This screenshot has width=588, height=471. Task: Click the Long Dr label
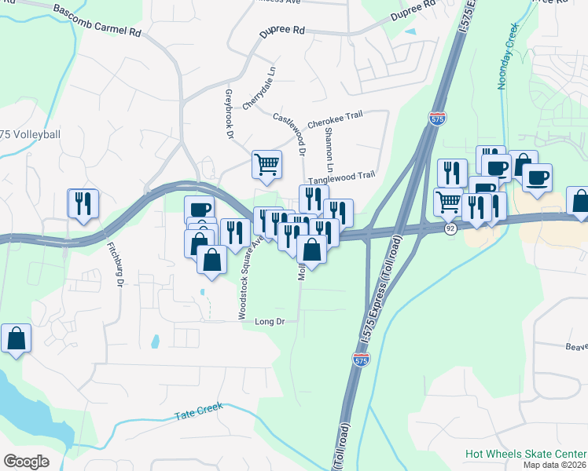[x=269, y=322]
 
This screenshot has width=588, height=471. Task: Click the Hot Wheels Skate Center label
[x=525, y=454]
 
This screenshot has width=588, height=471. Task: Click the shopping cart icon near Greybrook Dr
[x=266, y=164]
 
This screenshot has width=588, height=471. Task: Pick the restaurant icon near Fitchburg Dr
[x=83, y=203]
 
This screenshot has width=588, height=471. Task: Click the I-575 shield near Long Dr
[x=361, y=360]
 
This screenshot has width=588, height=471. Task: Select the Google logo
[x=27, y=461]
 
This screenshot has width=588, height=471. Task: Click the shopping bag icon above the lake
[x=16, y=339]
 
